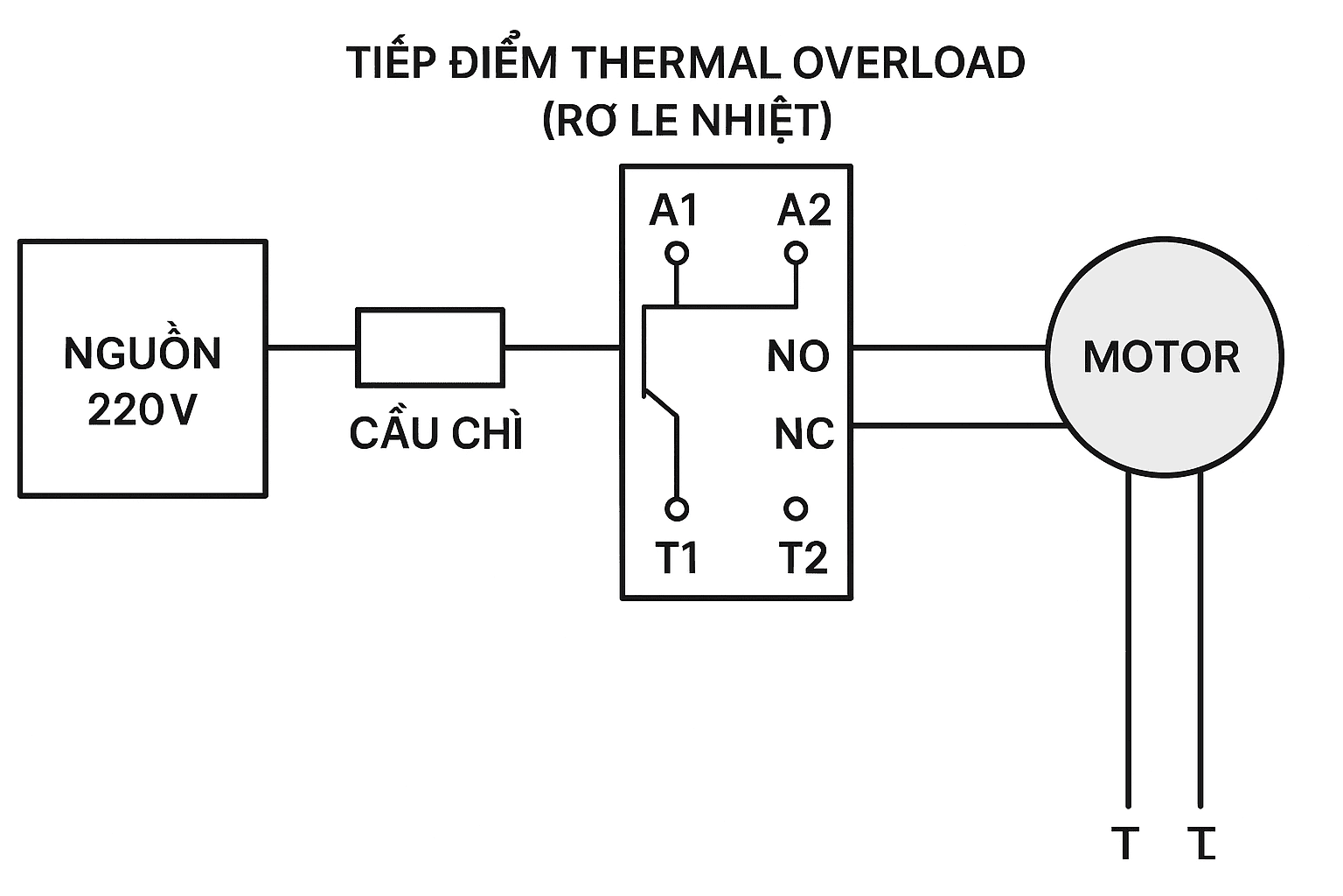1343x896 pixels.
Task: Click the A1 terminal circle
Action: (x=676, y=254)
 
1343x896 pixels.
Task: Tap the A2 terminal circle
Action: (x=796, y=254)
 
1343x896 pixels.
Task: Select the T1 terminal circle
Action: (x=676, y=508)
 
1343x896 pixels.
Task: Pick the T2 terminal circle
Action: (x=796, y=508)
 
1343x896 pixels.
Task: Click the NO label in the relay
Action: (x=797, y=356)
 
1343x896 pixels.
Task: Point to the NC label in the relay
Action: (x=804, y=434)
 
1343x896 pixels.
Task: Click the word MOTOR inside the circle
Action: (x=1161, y=357)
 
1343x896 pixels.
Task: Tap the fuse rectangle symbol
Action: (x=429, y=347)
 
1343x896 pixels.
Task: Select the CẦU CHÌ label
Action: (x=435, y=433)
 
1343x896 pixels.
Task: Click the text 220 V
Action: (x=143, y=409)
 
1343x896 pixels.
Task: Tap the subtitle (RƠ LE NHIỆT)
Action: (x=686, y=120)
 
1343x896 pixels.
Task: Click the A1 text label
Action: (x=674, y=211)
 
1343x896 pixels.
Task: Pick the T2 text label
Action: (x=803, y=557)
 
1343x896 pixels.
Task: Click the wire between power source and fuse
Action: (x=311, y=347)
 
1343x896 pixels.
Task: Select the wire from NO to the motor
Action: (x=949, y=347)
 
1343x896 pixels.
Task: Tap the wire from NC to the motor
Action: (x=957, y=426)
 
